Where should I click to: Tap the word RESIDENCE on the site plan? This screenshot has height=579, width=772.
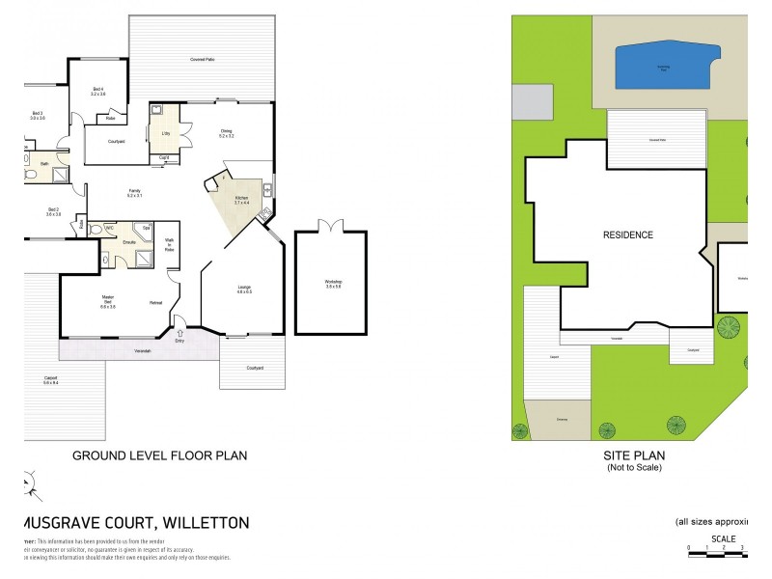pos(628,234)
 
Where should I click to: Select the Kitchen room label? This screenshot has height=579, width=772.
pos(240,200)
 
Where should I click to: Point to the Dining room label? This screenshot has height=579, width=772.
pos(227,133)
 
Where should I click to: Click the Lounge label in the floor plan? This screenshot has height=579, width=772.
pos(244,288)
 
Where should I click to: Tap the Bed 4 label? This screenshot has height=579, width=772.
pos(97,91)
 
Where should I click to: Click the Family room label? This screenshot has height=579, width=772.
pos(134,193)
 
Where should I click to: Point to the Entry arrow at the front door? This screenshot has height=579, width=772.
pos(179,333)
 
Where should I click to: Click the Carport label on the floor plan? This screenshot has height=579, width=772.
pos(50,379)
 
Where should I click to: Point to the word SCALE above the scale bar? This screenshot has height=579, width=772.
pos(723,538)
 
